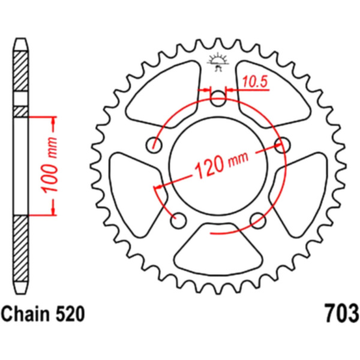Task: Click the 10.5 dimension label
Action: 255,82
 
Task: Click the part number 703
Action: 341,313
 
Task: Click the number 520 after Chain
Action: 70,314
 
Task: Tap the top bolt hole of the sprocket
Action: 218,98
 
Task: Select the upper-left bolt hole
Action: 154,145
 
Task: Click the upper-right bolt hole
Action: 283,145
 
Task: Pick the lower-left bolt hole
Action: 178,221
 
